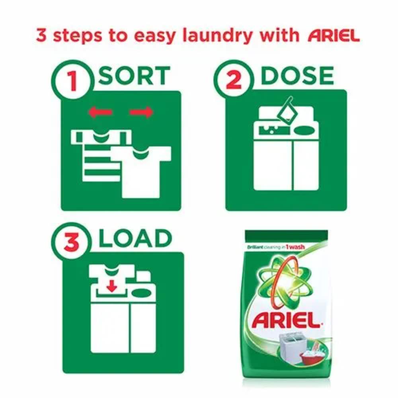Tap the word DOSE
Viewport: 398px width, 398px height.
pos(297,75)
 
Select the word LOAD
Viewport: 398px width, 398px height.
pos(135,238)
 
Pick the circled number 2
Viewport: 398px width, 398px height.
pos(234,80)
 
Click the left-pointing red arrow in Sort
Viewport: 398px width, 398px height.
pos(100,112)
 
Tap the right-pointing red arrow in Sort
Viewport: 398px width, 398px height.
pos(141,112)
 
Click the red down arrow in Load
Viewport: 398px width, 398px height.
pos(111,286)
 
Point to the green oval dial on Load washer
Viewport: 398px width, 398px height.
pos(141,293)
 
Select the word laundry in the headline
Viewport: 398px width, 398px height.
pos(217,36)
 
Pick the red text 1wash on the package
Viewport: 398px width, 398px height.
pos(295,247)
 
